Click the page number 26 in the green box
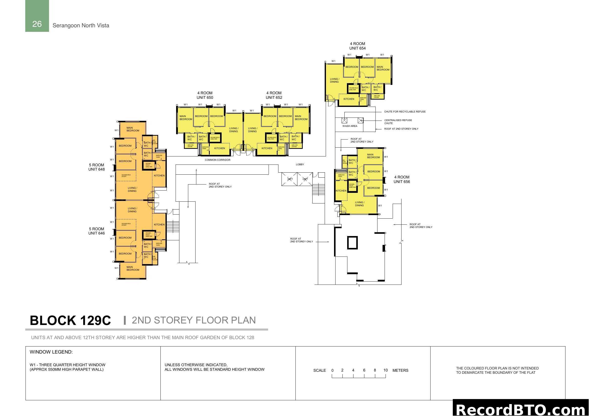(x=37, y=24)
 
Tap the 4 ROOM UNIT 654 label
(x=357, y=46)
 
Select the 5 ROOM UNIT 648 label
(x=97, y=167)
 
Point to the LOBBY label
(x=300, y=165)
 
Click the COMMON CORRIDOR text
(x=218, y=160)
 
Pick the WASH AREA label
(x=349, y=126)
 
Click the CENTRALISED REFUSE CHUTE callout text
(x=398, y=122)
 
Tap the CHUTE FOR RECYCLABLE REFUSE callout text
(x=405, y=112)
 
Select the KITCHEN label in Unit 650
(x=219, y=148)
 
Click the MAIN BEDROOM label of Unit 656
(x=373, y=156)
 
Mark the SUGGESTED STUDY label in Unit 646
(x=126, y=224)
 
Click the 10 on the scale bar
(x=385, y=370)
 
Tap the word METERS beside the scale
(x=400, y=370)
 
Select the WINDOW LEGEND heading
(x=51, y=352)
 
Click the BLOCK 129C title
(x=70, y=321)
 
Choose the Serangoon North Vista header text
(x=81, y=26)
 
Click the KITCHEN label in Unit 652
(x=267, y=148)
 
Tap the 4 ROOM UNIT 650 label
(x=205, y=95)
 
